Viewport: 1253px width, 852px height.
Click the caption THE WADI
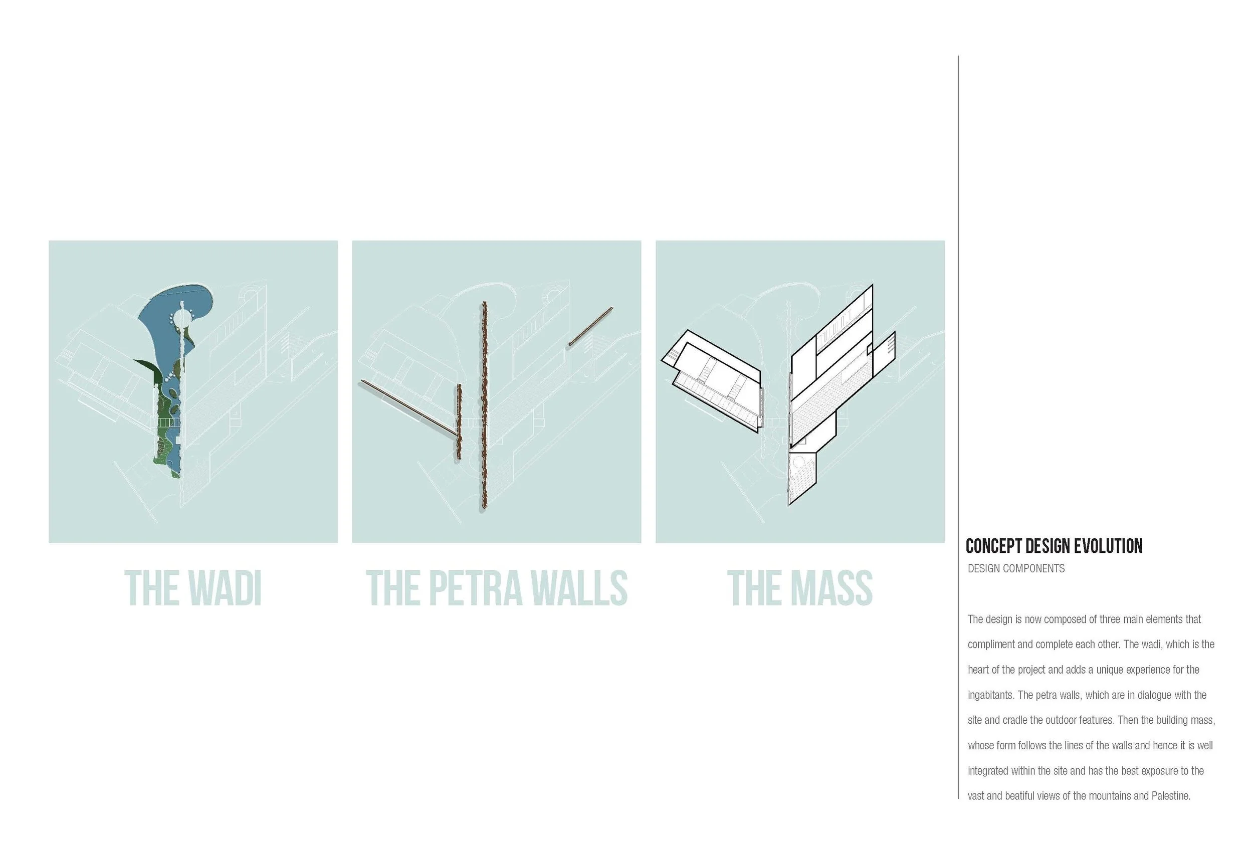tap(193, 588)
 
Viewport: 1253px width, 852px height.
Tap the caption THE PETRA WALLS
tap(496, 588)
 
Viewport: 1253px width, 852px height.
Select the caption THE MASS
tap(799, 588)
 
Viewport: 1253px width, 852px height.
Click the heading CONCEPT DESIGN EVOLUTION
tap(1054, 546)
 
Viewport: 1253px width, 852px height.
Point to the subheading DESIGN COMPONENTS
tap(1016, 568)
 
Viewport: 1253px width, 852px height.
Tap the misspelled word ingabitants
tap(990, 695)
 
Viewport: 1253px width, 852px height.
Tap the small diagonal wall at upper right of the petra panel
tap(590, 326)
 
